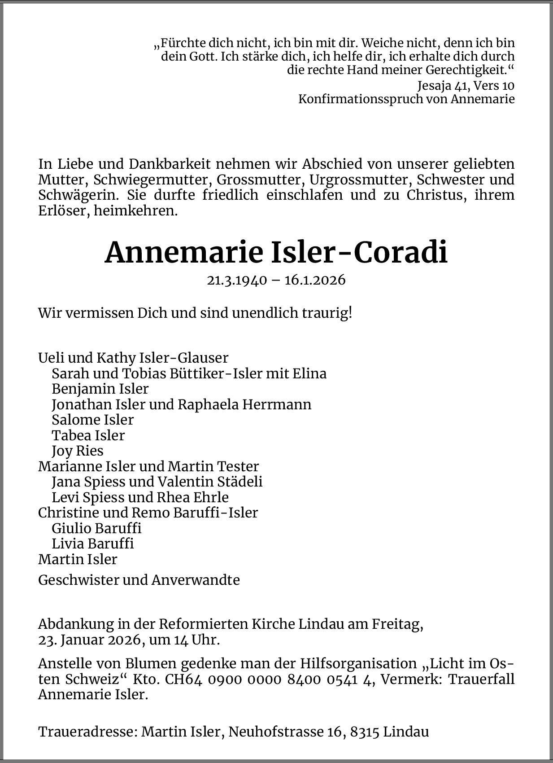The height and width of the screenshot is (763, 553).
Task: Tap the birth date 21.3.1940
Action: (237, 280)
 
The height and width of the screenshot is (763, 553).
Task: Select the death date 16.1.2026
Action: (315, 280)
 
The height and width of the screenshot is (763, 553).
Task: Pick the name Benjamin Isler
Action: (100, 389)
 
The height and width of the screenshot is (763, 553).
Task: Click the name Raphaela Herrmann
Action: (244, 404)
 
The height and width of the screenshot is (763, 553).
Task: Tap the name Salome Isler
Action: (93, 420)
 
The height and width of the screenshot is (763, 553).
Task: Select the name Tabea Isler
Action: (88, 435)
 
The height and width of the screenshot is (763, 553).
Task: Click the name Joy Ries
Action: (78, 451)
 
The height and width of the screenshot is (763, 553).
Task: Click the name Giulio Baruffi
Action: (96, 528)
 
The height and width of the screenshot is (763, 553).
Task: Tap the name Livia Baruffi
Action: (93, 544)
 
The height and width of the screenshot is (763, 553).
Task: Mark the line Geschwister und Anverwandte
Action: (139, 580)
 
